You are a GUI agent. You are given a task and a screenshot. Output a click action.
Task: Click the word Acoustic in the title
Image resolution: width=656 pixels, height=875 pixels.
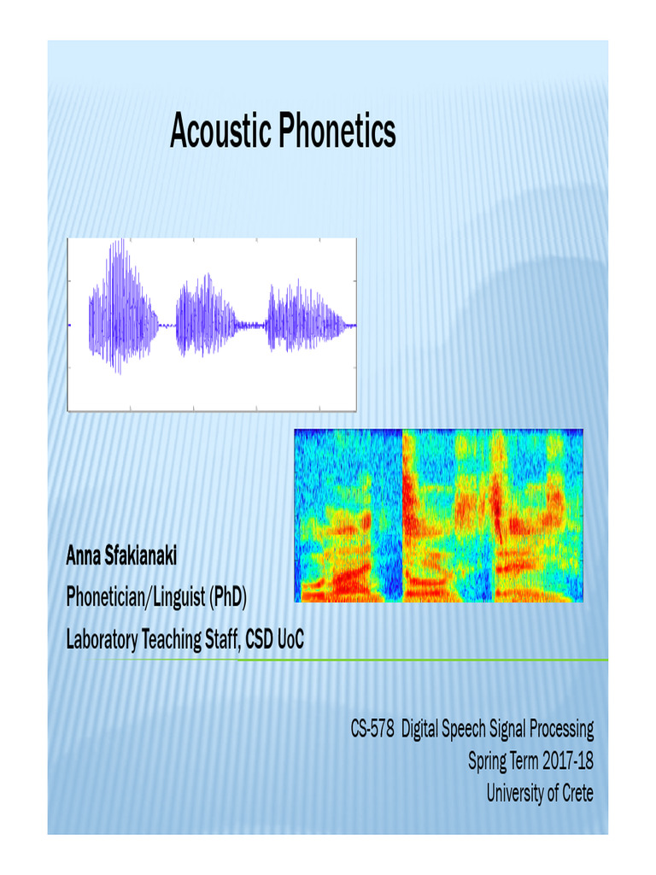[x=218, y=132]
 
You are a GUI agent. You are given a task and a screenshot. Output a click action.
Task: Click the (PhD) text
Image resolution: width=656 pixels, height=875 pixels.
[x=227, y=597]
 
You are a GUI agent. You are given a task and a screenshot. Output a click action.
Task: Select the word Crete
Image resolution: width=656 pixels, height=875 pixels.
[x=576, y=793]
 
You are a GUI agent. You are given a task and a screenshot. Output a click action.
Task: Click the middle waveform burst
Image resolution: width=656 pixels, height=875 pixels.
[x=206, y=316]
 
